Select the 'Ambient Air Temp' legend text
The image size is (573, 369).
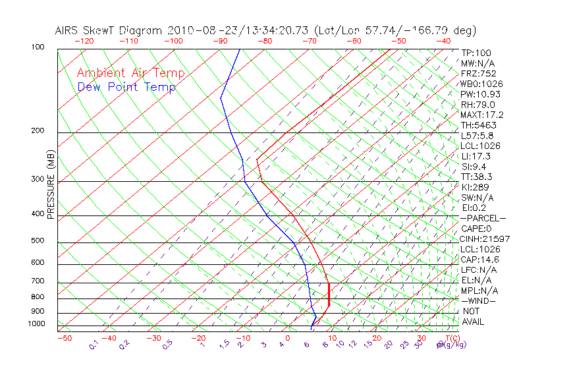pos(131,73)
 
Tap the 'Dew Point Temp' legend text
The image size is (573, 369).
pos(126,87)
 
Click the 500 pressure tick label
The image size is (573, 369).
pos(37,241)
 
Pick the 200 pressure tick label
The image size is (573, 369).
pos(37,131)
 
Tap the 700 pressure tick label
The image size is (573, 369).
pos(37,281)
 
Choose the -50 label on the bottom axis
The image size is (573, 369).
pos(65,338)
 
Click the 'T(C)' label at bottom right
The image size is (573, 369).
pos(452,338)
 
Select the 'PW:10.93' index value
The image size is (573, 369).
pos(477,94)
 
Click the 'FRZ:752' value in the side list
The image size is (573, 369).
pos(479,74)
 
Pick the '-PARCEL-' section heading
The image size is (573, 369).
pos(483,218)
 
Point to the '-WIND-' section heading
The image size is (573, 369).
pos(479,300)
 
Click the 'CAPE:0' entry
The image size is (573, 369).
pos(477,229)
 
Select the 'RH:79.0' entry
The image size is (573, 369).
pos(477,105)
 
